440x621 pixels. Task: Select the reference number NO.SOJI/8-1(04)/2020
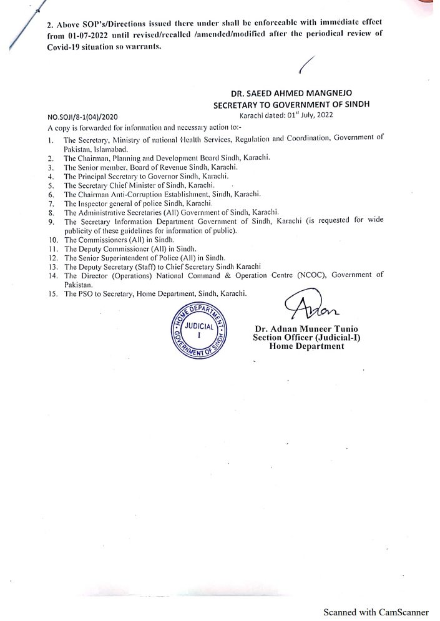(87, 117)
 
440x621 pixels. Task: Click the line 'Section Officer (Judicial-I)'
(306, 338)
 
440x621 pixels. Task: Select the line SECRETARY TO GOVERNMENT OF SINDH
(291, 105)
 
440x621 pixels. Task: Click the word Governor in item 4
(159, 177)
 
